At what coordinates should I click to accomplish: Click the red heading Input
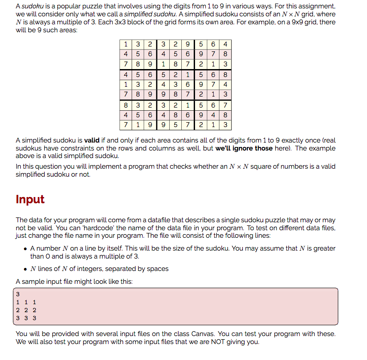30,199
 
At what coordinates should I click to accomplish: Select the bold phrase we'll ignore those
244,148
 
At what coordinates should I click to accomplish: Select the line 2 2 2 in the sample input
26,310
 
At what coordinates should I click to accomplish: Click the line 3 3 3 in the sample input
26,317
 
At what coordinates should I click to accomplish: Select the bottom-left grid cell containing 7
126,125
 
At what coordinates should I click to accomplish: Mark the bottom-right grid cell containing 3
226,125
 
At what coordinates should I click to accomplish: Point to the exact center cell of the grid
176,85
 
